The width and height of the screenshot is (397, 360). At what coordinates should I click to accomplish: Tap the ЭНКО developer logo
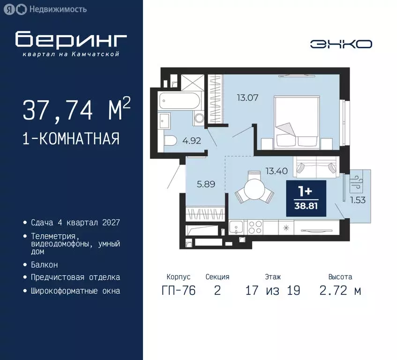coord(341,44)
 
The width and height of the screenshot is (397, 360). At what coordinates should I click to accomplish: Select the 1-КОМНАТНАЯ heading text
coord(71,139)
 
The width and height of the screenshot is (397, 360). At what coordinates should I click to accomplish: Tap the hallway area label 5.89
coord(206,184)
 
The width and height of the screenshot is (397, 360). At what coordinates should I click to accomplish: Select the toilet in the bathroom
coord(169,140)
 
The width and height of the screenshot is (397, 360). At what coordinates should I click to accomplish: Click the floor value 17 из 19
coord(272,291)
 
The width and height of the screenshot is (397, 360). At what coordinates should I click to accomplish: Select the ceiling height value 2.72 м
coord(340,291)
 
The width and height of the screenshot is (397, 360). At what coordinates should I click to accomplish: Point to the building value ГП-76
coord(178,291)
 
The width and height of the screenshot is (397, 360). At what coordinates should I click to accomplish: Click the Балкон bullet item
coord(45,264)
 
